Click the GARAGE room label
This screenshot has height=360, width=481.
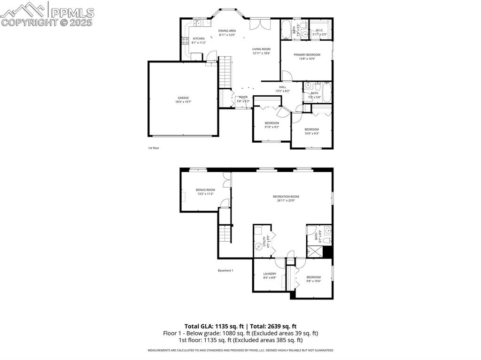[x=183, y=98]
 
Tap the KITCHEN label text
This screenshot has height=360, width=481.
[x=199, y=38]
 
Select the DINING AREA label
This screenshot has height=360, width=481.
[x=227, y=31]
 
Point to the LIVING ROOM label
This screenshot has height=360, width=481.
[x=261, y=49]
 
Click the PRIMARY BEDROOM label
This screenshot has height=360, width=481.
[x=307, y=55]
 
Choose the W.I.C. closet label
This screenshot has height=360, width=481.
[x=319, y=31]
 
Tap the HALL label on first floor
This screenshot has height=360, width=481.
[x=282, y=87]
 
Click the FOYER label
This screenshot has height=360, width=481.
[x=243, y=97]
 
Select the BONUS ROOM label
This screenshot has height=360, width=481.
[x=205, y=190]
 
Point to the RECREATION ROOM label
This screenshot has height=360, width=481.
[x=286, y=197]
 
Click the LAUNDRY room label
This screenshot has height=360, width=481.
[x=270, y=274]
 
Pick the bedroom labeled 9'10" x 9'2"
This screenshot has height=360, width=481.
[x=272, y=123]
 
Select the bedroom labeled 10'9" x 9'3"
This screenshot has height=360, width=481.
[x=311, y=130]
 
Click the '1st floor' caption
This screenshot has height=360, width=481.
[x=154, y=148]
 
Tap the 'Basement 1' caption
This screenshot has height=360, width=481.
[x=225, y=270]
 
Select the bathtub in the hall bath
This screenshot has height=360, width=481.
[x=327, y=92]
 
